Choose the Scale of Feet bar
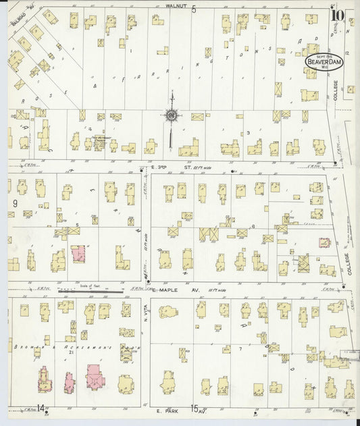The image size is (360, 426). coord(101,291)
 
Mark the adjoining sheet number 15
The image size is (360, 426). coord(195,408)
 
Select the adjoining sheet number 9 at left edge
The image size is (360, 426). coord(14,202)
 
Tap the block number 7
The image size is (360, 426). coord(240,349)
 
